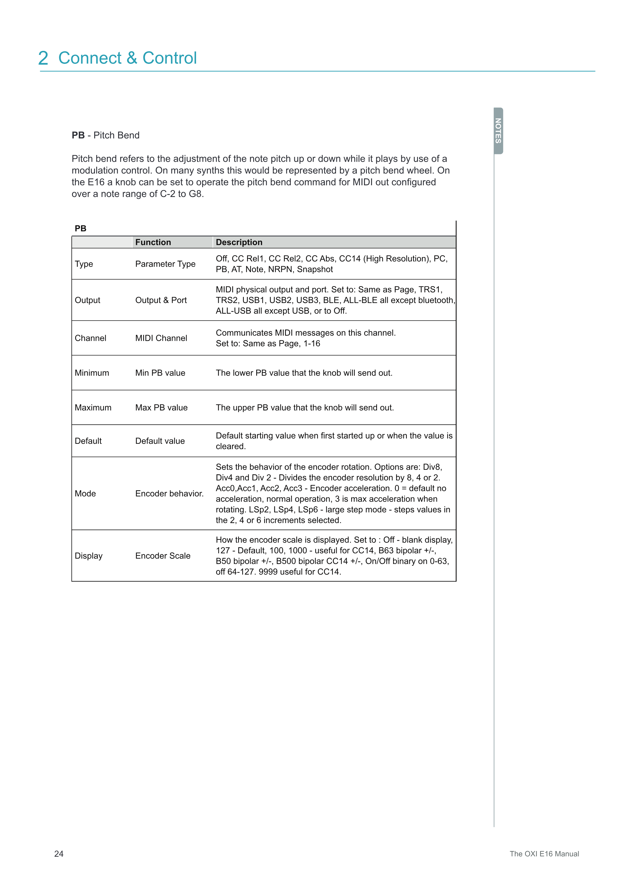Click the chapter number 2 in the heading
[43, 59]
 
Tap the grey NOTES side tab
[498, 131]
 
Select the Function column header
[153, 242]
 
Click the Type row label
[84, 264]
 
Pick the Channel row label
[90, 338]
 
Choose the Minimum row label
[92, 373]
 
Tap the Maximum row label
[93, 408]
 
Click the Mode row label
[85, 494]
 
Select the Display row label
[89, 556]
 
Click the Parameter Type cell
[165, 264]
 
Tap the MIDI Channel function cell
[161, 338]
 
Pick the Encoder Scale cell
[163, 556]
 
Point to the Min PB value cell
[160, 373]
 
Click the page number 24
[59, 854]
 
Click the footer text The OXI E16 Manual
[544, 854]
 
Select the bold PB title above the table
[80, 229]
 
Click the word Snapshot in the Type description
[315, 270]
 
